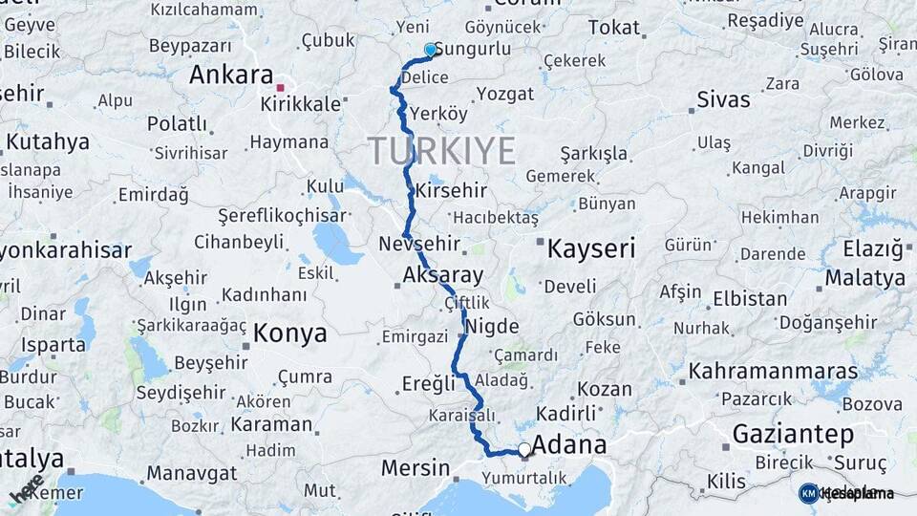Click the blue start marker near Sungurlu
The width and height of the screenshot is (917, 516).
[430, 50]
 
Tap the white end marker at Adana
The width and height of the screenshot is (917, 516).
[524, 449]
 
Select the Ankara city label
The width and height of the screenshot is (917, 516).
[231, 75]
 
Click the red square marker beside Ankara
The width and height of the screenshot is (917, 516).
[280, 87]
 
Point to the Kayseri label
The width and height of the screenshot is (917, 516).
[590, 249]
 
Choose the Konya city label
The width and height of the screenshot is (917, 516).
[289, 333]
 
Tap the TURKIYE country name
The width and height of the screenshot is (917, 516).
[441, 150]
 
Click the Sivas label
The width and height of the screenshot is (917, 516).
[723, 99]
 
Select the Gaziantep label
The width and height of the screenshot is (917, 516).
[792, 435]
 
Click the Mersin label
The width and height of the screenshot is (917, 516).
[415, 468]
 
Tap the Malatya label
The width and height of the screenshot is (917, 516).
[864, 278]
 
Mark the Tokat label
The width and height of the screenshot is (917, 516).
[613, 28]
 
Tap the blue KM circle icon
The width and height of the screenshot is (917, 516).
[808, 493]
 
